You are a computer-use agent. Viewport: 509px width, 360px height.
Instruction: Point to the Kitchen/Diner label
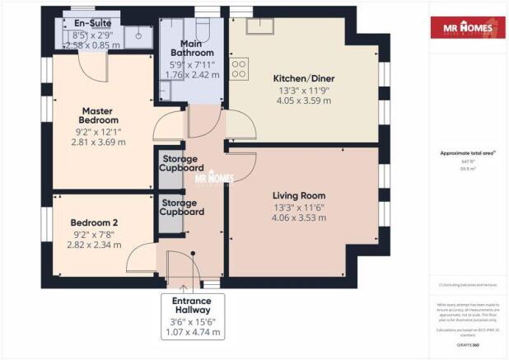302,80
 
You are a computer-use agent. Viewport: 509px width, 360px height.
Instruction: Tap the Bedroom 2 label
94,222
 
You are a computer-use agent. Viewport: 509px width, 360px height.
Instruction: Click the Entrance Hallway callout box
193,317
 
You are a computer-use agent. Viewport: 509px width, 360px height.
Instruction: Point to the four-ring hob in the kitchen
240,68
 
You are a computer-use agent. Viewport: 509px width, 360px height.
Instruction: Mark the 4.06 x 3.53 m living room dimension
301,218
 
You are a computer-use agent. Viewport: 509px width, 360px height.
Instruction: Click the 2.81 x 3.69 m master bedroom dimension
98,143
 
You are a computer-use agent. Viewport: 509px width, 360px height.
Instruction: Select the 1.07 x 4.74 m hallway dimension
193,334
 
